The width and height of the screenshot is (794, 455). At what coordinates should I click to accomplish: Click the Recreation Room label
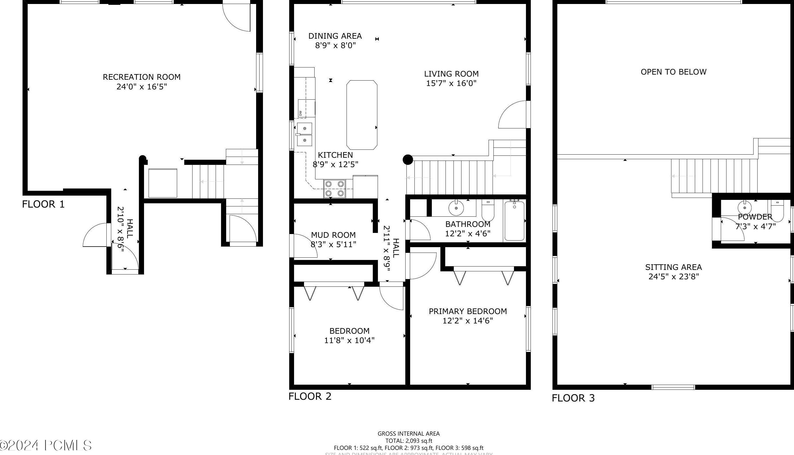tap(141, 77)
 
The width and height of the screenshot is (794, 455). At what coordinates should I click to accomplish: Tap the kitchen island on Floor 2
tap(362, 115)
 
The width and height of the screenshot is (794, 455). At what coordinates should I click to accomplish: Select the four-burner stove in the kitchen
tap(335, 189)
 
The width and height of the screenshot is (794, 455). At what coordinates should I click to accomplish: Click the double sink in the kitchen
tap(304, 135)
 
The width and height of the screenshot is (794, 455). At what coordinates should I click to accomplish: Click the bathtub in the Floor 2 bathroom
tap(514, 221)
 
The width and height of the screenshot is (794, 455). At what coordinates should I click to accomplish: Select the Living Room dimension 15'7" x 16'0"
tap(451, 83)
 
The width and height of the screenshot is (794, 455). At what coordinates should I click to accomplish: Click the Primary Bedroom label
tap(467, 311)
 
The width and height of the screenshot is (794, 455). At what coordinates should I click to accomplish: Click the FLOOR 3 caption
tap(573, 398)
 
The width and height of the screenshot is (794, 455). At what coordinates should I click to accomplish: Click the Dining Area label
tap(335, 36)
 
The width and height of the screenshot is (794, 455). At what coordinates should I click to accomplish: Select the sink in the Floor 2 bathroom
tap(456, 208)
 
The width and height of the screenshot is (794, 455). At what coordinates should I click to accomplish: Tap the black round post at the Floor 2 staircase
tap(408, 160)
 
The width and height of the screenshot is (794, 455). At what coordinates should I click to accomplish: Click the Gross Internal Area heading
tap(408, 433)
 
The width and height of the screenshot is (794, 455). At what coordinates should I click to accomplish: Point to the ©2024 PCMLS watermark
tap(46, 445)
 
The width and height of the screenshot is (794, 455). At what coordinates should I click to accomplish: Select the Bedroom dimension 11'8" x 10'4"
tap(349, 340)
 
